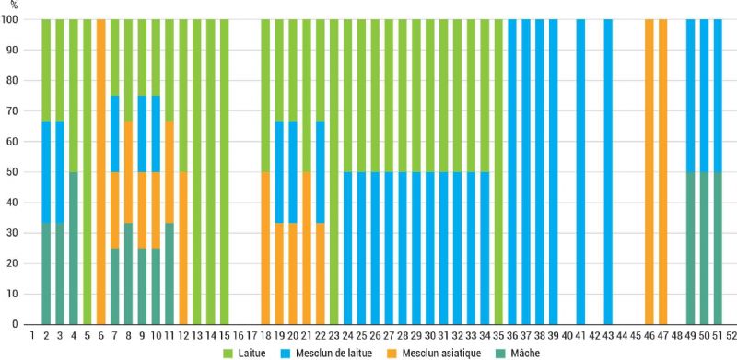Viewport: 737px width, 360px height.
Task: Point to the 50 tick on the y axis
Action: tap(17, 171)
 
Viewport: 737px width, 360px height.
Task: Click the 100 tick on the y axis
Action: tap(14, 19)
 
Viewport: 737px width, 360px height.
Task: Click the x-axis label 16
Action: tap(239, 335)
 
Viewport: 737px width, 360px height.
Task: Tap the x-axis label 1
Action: tap(32, 335)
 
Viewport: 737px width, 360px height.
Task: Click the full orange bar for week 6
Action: tap(101, 171)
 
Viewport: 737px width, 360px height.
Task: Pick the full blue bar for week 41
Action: tap(581, 171)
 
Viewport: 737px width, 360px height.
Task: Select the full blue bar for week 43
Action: tap(609, 171)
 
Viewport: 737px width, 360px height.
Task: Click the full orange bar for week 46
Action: tap(649, 171)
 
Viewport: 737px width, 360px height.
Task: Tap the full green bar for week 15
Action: tap(225, 171)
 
